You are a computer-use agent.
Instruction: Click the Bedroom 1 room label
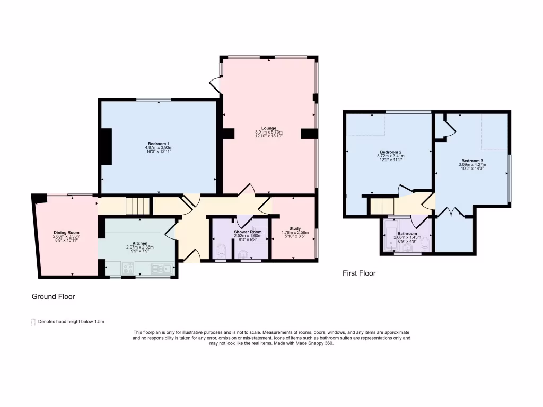[x=159, y=144]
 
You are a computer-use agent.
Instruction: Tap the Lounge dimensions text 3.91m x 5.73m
[x=269, y=132]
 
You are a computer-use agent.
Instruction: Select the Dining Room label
[x=66, y=232]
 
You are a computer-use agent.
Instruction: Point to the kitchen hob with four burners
[x=128, y=269]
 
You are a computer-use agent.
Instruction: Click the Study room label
[x=295, y=228]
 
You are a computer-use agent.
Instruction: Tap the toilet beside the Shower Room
[x=221, y=251]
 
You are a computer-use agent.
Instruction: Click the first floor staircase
[x=382, y=205]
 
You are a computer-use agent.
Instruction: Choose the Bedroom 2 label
[x=391, y=152]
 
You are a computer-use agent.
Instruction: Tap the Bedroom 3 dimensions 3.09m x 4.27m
[x=472, y=165]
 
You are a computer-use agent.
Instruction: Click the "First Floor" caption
[x=358, y=273]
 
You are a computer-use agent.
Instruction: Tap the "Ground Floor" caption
[x=53, y=297]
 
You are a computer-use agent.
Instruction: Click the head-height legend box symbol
[x=33, y=322]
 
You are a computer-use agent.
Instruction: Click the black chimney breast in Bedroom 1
[x=107, y=148]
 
